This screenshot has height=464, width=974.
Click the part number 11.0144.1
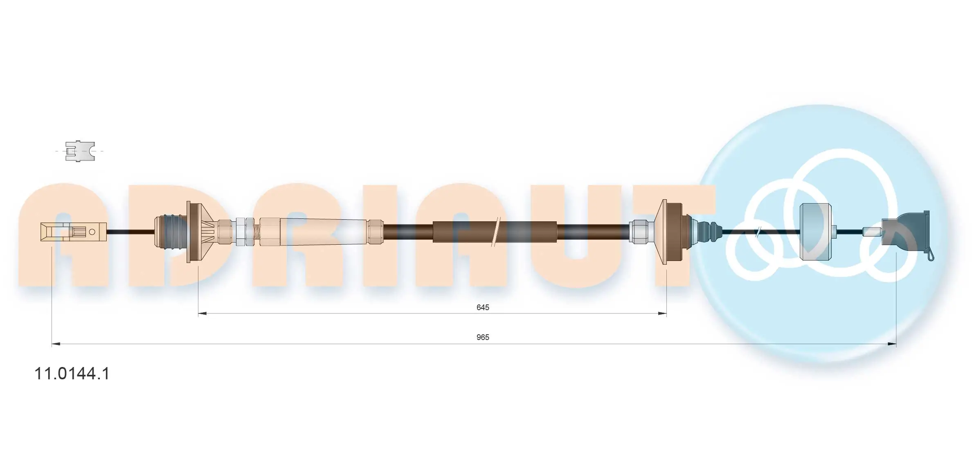pos(72,374)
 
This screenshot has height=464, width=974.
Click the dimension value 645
pos(482,307)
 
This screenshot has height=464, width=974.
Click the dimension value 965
pos(482,337)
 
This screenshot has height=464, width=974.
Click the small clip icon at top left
pos(80,151)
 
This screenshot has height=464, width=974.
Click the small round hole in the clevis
pos(92,232)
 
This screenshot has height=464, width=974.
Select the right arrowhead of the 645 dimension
pos(662,314)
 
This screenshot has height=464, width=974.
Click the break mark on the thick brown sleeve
pos(495,232)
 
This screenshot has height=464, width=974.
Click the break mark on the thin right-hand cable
pos(757,232)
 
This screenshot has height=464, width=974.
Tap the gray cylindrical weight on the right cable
pos(815,232)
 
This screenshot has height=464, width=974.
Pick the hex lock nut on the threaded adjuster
pos(241,232)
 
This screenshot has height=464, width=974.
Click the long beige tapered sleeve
pos(323,232)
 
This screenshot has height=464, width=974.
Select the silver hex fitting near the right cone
pos(639,232)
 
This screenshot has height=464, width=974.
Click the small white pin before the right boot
pos(871,232)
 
